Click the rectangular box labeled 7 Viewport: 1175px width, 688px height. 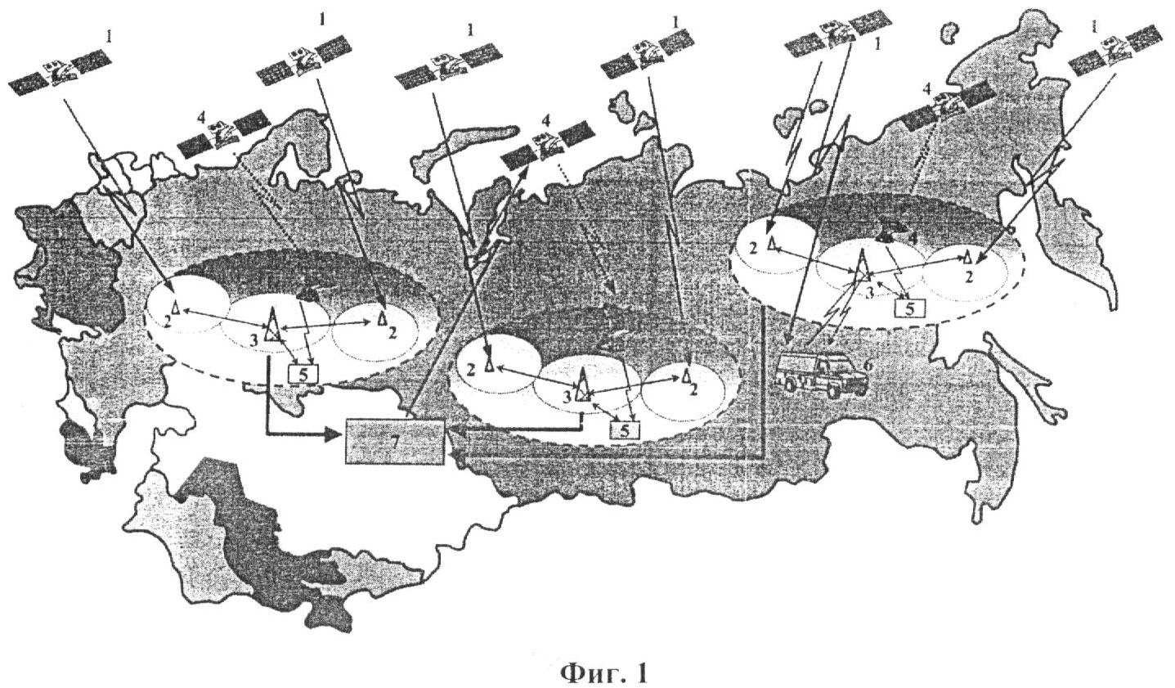(394, 441)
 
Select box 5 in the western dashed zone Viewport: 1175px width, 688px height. (303, 374)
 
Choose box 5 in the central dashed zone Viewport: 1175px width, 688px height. (624, 430)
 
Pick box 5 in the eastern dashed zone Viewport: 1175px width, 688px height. (909, 308)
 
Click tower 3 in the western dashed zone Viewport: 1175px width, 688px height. (272, 326)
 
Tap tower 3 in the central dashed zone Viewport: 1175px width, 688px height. (582, 384)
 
